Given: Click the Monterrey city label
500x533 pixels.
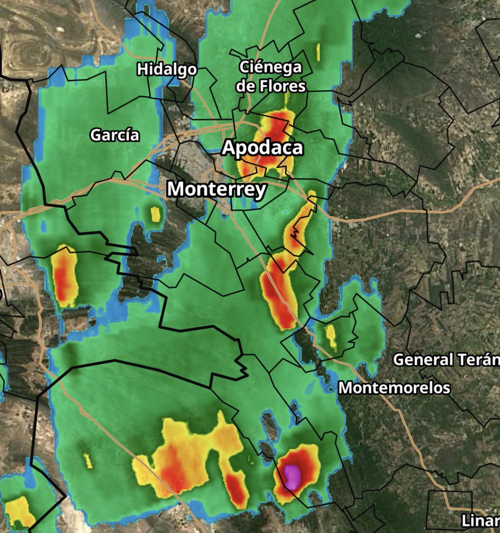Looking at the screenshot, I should tap(217, 190).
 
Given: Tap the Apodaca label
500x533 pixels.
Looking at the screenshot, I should tap(262, 147).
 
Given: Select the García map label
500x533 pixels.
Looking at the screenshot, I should tap(115, 135).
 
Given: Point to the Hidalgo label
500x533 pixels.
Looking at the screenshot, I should tap(167, 69).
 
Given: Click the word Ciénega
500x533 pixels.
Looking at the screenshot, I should tap(270, 68).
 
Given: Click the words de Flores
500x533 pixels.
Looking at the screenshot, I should tap(270, 86).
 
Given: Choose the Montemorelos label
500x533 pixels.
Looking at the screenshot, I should tap(394, 388).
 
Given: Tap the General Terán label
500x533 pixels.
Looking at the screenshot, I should tap(446, 359).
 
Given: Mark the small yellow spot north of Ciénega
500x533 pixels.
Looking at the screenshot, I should tap(318, 52).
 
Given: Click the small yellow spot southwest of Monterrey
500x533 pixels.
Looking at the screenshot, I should tap(155, 215).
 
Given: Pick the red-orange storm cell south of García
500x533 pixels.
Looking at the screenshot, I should tap(64, 277).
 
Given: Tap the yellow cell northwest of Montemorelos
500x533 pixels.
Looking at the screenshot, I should tap(331, 336).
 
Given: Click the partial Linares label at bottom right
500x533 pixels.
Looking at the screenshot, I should tap(480, 520).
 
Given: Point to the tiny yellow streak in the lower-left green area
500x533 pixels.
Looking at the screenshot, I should tap(88, 461).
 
